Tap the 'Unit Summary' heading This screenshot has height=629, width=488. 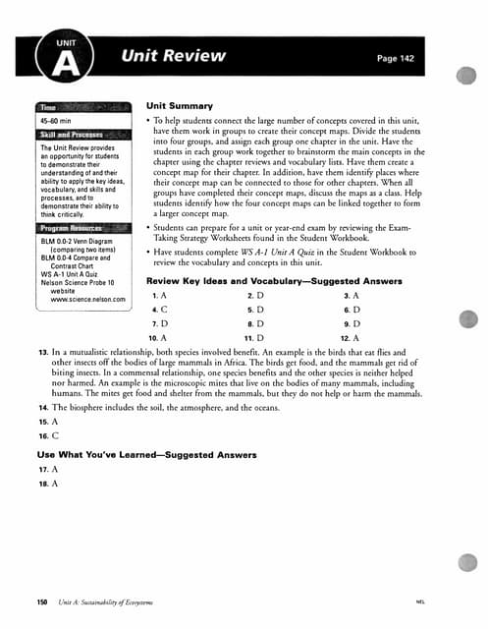click(179, 104)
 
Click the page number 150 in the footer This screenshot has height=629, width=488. click(42, 600)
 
